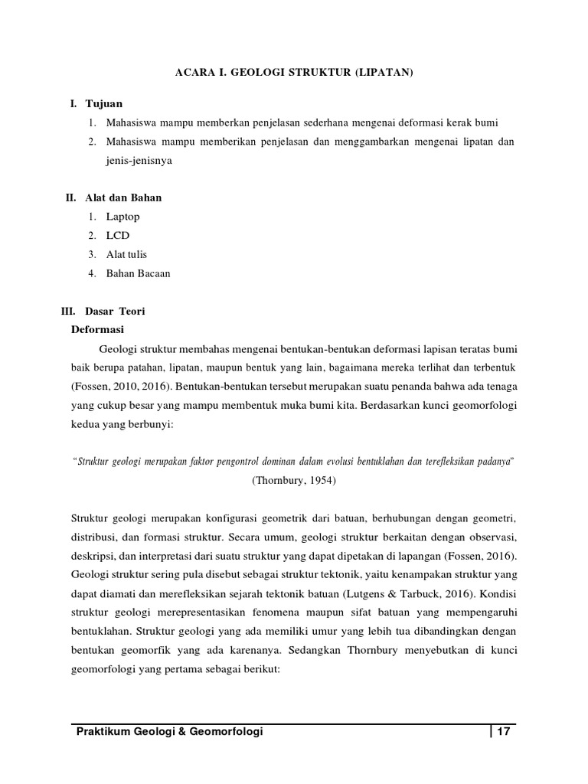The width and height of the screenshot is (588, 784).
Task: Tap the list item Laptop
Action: (123, 217)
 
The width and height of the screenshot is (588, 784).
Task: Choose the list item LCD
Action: (119, 236)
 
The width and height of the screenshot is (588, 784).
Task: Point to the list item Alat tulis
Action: (126, 254)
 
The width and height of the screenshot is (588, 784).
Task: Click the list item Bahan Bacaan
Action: (138, 273)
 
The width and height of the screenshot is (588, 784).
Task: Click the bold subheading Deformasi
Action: (98, 329)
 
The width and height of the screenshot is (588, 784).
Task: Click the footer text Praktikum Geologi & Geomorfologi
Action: (169, 732)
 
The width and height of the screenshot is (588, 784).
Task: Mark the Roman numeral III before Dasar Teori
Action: (67, 312)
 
